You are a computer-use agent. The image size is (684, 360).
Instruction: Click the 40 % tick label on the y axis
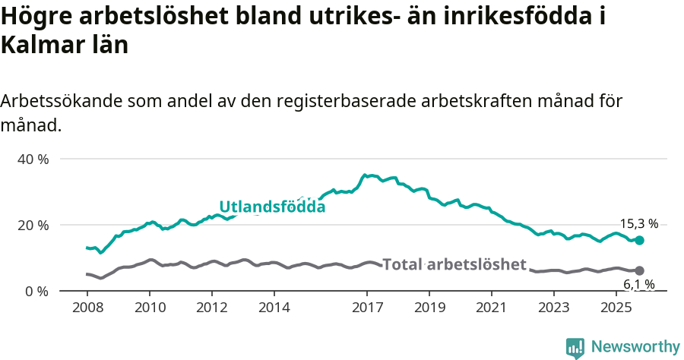point(33,159)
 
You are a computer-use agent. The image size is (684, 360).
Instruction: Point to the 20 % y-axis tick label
point(33,226)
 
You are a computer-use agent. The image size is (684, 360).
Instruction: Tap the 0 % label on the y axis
point(36,292)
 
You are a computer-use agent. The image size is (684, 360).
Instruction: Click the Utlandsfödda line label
point(272,207)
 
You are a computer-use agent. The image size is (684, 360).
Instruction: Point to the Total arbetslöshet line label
point(454,264)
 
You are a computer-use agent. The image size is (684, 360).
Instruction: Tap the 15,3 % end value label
point(638,224)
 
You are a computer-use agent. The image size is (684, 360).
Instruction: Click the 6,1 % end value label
point(638,285)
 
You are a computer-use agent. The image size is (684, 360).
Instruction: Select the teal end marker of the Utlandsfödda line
point(639,240)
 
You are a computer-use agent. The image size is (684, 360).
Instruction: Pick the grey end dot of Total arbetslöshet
point(639,270)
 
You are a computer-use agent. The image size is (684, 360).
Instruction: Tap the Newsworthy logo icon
point(575,348)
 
